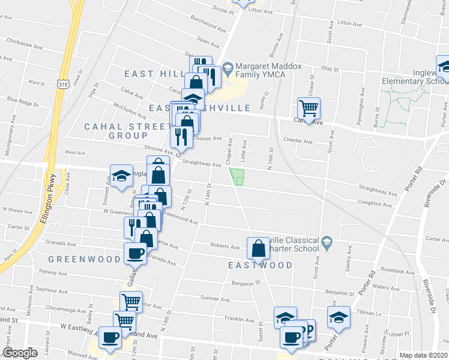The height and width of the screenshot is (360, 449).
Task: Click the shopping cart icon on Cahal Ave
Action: pos(309,109)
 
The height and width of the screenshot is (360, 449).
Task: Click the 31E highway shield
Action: pos(63,85)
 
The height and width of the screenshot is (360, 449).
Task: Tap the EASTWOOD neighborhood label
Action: pos(260,265)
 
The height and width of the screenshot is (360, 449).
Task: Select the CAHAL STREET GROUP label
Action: pos(127,131)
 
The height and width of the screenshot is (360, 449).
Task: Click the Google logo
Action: pos(20,353)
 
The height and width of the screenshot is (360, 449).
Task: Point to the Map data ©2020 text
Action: pos(423,355)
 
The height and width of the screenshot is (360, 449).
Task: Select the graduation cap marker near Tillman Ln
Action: pos(339,317)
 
